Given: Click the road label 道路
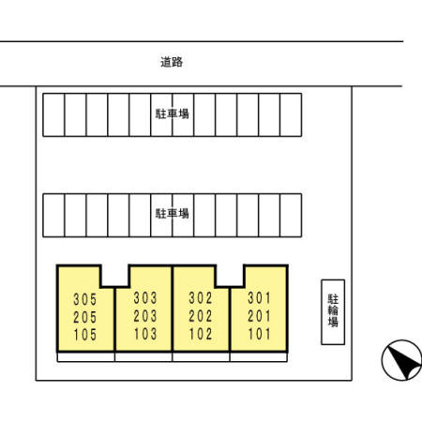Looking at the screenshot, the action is tap(172, 62).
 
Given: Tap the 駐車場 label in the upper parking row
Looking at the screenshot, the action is tap(173, 113).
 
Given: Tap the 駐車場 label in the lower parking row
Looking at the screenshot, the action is tap(173, 214).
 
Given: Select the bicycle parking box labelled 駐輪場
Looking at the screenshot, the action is tap(333, 312).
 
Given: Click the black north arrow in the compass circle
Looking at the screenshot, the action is tap(404, 363).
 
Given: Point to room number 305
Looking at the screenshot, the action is tap(85, 299).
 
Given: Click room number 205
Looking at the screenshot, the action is tap(85, 317).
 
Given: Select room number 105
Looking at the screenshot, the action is tap(85, 335).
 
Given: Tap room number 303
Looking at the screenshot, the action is tap(145, 298).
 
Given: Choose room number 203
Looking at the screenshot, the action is tap(145, 316).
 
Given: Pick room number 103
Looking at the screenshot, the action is tap(145, 334).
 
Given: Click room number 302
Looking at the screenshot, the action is tap(201, 298).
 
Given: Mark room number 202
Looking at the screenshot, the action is tap(201, 316).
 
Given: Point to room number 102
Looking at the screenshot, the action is tap(201, 334).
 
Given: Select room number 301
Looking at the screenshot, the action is tap(259, 298).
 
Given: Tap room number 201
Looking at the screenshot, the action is tap(259, 316).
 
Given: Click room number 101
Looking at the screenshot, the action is tap(259, 334).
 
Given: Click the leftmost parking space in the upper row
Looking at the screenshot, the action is tap(53, 114).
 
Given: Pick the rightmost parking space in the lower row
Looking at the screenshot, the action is tap(291, 216).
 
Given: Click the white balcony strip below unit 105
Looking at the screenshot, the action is tap(86, 357).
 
